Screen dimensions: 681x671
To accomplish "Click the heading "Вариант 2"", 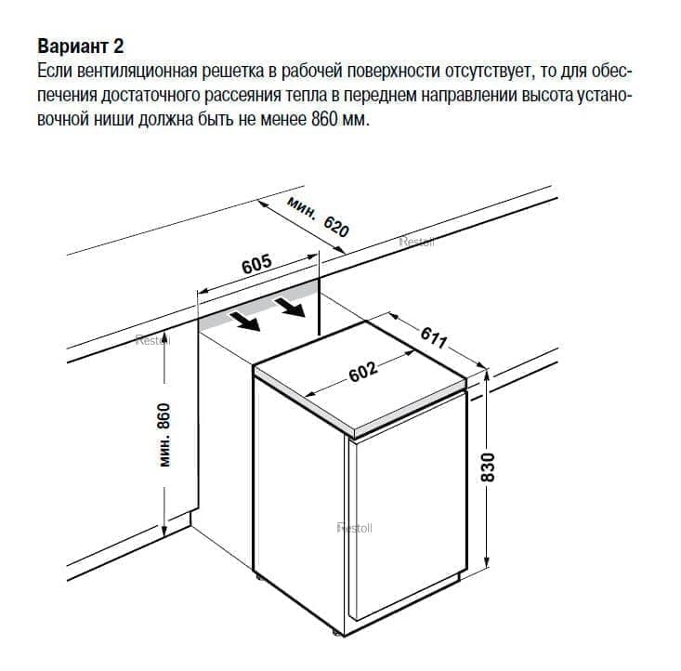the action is pos(81,46).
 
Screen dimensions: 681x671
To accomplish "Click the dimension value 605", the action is pos(256,264).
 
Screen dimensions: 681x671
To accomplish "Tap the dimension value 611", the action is pos(434,337).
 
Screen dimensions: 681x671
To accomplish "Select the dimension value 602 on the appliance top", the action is pos(363,372).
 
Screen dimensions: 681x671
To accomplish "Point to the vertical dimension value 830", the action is pos(488,467).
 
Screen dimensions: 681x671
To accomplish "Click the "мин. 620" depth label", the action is pos(319,217).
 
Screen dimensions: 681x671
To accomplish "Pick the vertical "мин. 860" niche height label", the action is pos(164,436).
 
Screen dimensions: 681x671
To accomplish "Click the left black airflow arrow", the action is pos(244,321).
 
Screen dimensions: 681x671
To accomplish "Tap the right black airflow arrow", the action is pos(289,307).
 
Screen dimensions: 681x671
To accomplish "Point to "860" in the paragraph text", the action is pos(324,118).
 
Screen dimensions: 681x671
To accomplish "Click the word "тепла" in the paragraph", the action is pos(307,95).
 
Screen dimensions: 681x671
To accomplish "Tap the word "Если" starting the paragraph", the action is pos(54,72).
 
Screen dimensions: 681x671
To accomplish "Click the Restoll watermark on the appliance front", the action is pos(354,529).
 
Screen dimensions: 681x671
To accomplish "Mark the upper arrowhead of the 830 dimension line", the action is pos(487,375).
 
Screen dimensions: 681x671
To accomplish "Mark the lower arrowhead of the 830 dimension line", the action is pos(487,562).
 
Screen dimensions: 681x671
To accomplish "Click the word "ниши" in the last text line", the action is pos(114,119).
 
